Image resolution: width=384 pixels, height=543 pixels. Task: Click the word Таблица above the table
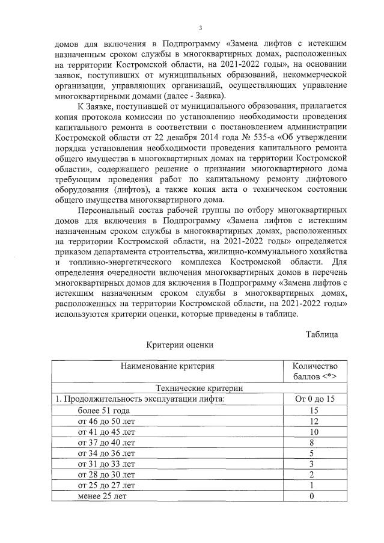point(322,334)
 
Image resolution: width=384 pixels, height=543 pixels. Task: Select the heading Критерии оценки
point(172,346)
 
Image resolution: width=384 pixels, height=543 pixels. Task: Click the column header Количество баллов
point(315,371)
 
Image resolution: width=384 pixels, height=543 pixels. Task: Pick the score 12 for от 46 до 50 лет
point(311,420)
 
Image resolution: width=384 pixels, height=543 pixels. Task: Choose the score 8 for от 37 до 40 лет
point(311,442)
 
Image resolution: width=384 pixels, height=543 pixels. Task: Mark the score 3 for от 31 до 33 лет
point(311,464)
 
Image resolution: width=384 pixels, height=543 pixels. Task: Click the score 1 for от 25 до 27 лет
point(311,485)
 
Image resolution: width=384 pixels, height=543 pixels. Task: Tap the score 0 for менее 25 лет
point(311,496)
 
